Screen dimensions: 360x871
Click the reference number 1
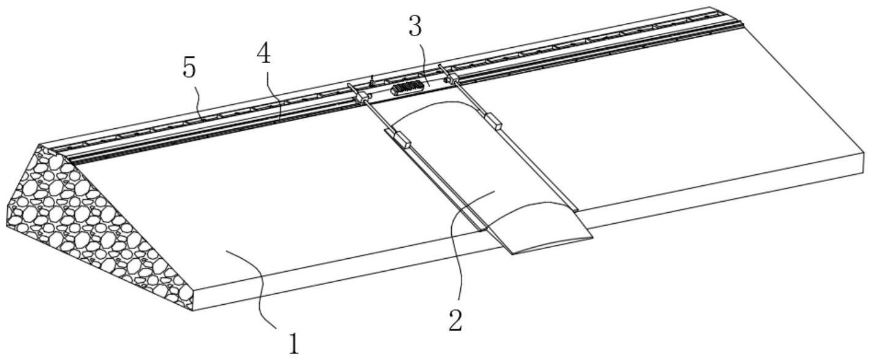pyautogui.click(x=295, y=343)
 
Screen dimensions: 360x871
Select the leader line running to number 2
pyautogui.click(x=457, y=245)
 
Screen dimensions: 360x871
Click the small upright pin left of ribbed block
pyautogui.click(x=371, y=80)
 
